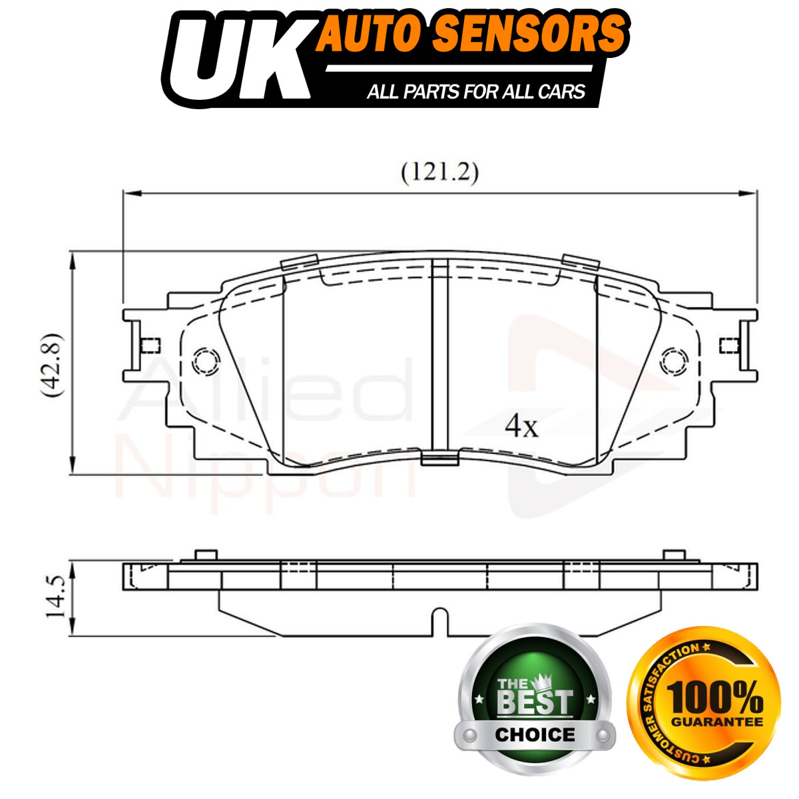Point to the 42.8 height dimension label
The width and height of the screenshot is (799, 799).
53,366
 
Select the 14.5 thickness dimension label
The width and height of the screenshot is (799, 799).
55,597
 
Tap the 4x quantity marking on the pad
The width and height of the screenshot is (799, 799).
521,425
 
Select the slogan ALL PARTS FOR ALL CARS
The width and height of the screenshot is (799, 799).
475,92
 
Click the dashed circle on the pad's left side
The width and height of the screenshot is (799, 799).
206,361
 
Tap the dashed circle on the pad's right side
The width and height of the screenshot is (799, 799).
674,361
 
